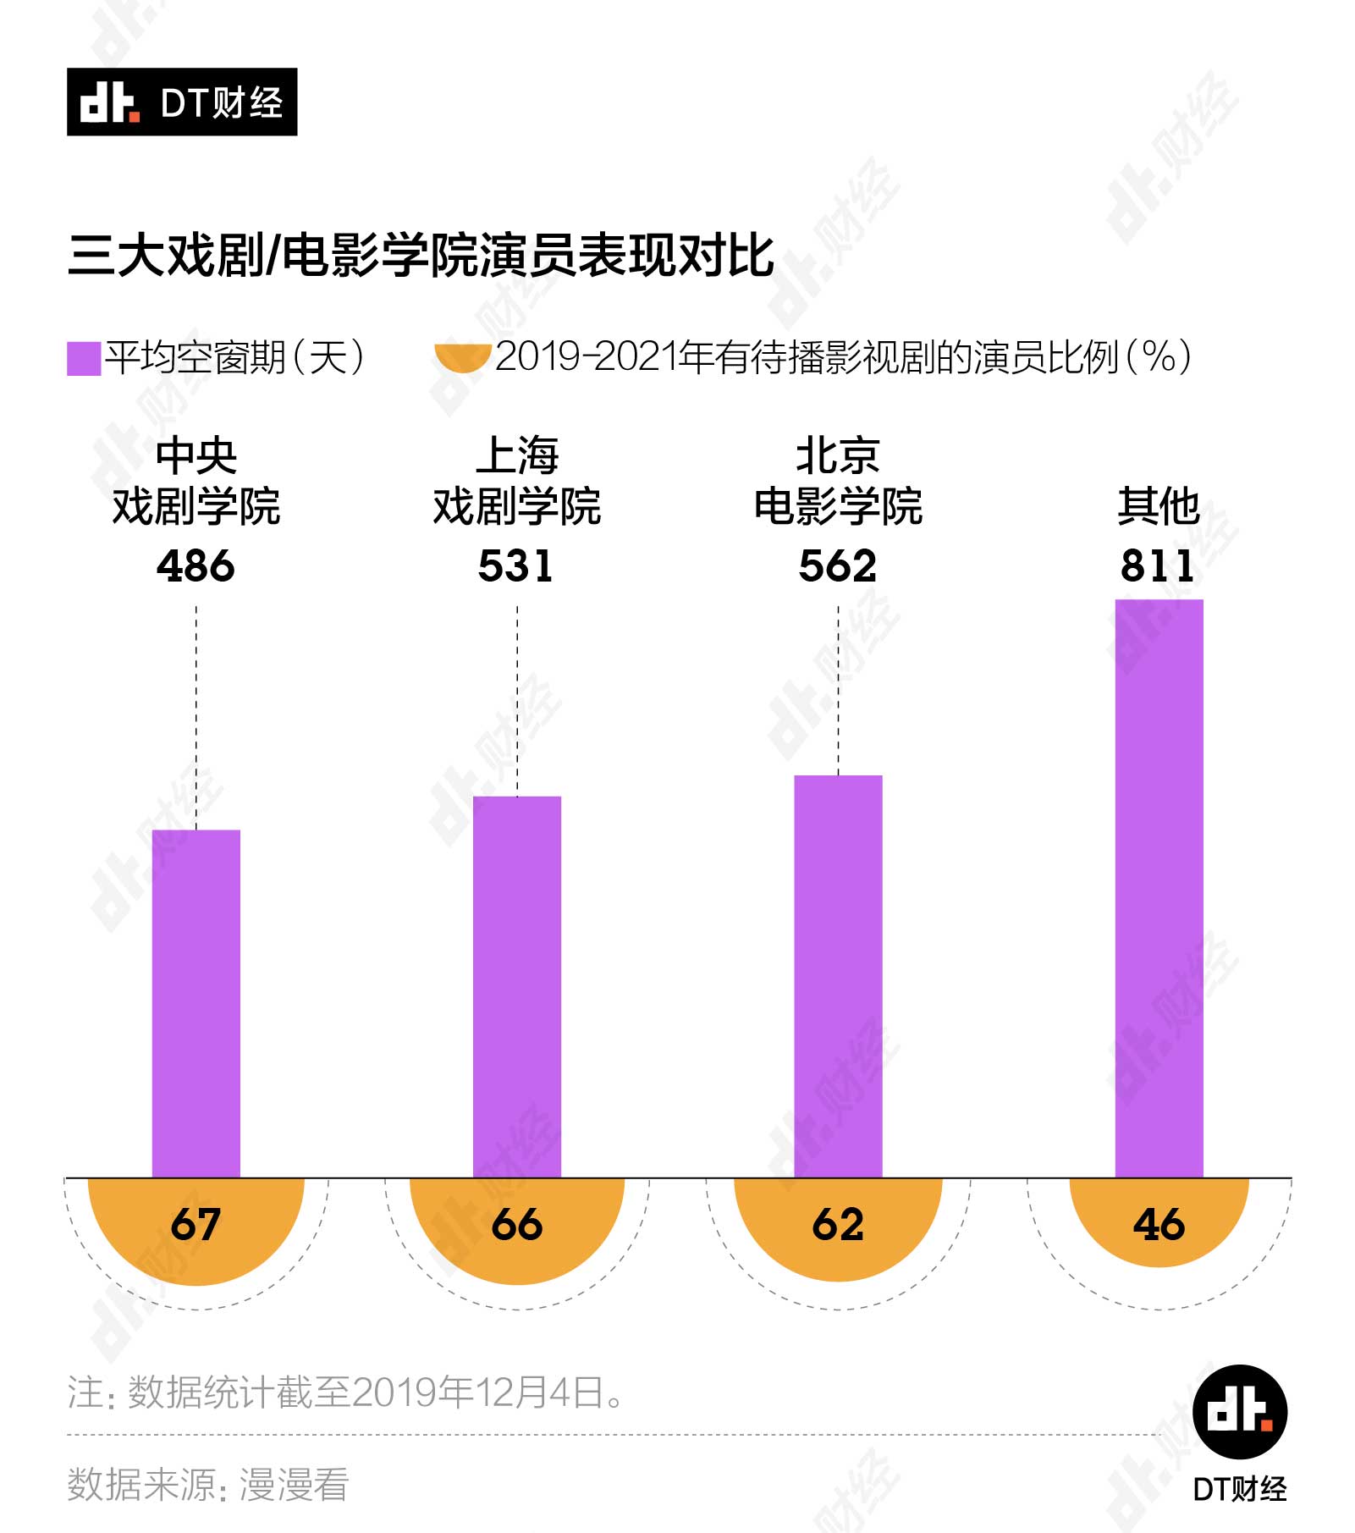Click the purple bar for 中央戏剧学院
click(196, 1003)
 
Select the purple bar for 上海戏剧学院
click(517, 986)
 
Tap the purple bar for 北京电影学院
click(838, 976)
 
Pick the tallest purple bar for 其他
click(1159, 888)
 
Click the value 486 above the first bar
click(196, 565)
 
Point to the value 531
click(516, 565)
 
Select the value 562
click(838, 565)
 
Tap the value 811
click(1158, 565)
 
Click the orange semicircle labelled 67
click(196, 1227)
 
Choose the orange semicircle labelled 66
click(517, 1227)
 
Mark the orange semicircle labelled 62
click(838, 1226)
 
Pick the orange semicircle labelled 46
click(1159, 1221)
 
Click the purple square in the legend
click(84, 358)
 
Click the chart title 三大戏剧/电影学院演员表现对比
click(421, 256)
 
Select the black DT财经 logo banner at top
click(182, 102)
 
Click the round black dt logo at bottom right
click(1239, 1411)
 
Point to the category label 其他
click(1159, 506)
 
